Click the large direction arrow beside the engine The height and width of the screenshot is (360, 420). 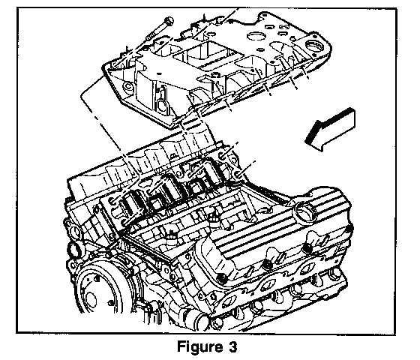pos(331,129)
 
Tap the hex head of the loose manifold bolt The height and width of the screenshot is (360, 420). pos(169,21)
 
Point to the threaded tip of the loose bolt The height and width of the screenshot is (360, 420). pos(149,37)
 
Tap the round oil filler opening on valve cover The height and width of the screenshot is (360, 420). pos(304,211)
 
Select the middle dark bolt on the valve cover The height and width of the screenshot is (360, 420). pos(267,265)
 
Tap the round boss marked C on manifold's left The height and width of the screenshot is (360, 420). pos(127,86)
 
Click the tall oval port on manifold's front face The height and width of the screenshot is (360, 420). pos(161,104)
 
